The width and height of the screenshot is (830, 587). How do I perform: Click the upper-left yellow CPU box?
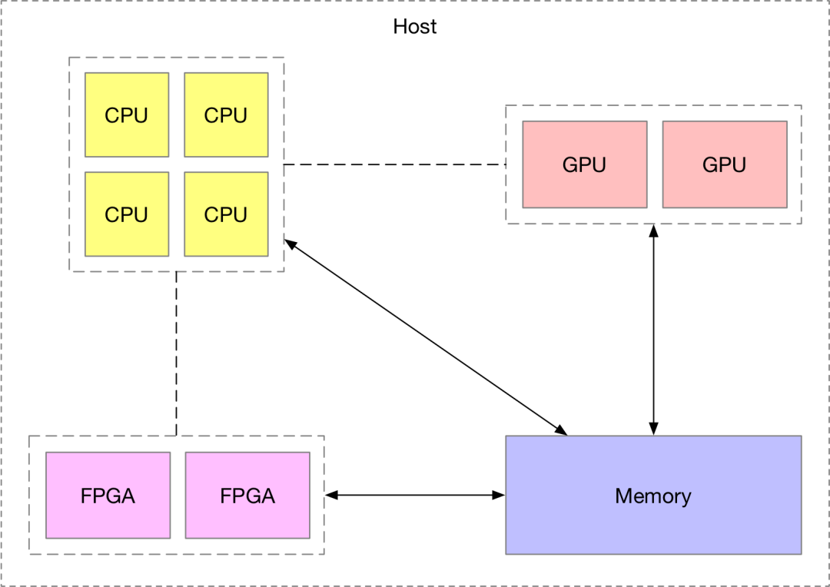(x=127, y=114)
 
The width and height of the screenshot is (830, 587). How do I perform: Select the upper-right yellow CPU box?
(x=226, y=114)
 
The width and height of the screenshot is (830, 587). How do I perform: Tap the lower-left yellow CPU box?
(x=127, y=214)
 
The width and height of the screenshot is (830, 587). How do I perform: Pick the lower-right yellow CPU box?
(x=226, y=214)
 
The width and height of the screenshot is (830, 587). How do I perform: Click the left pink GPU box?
(x=585, y=164)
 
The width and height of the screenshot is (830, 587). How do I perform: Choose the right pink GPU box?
(x=725, y=164)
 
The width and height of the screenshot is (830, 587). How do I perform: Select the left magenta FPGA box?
(x=108, y=495)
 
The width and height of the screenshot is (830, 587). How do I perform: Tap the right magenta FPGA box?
(x=247, y=495)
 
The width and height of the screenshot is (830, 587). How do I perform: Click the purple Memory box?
(x=653, y=522)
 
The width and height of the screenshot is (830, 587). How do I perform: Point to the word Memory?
(x=653, y=496)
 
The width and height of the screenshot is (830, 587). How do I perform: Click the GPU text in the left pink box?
(x=584, y=165)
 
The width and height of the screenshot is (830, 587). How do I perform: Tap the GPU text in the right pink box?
(x=724, y=165)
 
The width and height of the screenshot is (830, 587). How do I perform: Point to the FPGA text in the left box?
(x=108, y=496)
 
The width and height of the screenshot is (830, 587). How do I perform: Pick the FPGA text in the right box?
(x=247, y=496)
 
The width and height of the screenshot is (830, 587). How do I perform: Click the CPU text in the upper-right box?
(x=226, y=115)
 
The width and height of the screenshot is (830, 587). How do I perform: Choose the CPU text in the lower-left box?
(x=127, y=214)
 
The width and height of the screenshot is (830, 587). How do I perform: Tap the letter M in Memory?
(x=622, y=496)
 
